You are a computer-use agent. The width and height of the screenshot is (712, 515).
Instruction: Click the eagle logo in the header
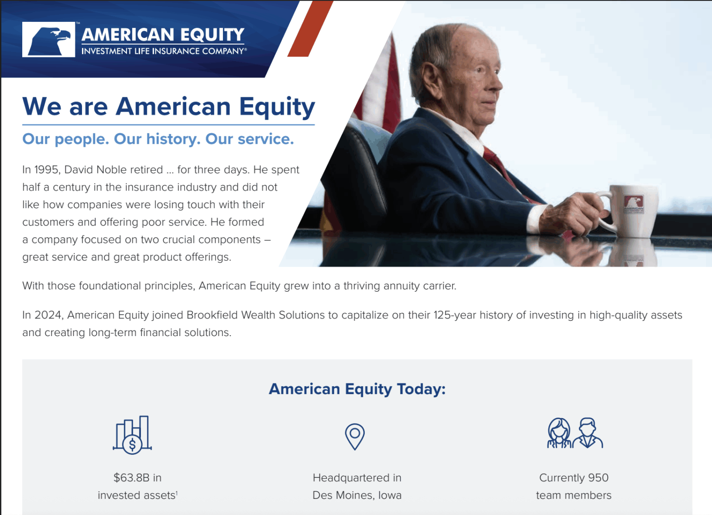[x=49, y=39]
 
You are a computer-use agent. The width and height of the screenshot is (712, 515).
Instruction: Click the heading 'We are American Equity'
[x=168, y=107]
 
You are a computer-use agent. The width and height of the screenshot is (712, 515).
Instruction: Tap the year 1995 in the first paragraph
[x=47, y=170]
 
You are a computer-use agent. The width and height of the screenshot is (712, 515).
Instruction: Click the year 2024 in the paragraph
[x=49, y=315]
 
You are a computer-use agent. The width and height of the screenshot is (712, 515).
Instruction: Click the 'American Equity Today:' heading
[x=357, y=389]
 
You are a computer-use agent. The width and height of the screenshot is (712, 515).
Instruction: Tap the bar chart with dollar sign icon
[x=133, y=435]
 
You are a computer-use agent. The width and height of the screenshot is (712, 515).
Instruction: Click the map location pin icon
[x=355, y=436]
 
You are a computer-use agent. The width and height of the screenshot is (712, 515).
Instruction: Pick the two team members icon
[x=574, y=433]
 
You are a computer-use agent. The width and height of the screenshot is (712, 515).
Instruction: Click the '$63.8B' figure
[x=131, y=478]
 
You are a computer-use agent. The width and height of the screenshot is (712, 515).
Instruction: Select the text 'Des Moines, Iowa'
[x=357, y=496]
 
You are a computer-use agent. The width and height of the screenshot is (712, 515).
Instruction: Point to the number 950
[x=598, y=478]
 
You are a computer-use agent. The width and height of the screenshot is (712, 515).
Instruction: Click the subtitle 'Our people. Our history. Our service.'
[x=158, y=139]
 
